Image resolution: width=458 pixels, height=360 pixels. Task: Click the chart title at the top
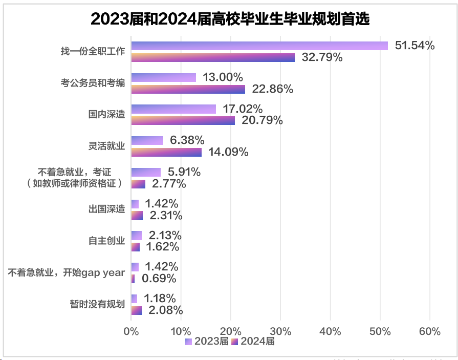pyautogui.click(x=230, y=19)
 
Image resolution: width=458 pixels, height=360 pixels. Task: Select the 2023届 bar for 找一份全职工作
pyautogui.click(x=259, y=46)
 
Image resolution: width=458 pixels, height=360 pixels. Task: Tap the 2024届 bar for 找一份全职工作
pyautogui.click(x=213, y=57)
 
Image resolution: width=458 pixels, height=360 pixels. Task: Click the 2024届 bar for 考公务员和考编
pyautogui.click(x=188, y=89)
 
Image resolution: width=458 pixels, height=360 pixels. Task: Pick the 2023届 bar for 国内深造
pyautogui.click(x=173, y=109)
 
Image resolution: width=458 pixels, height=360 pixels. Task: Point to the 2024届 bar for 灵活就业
pyautogui.click(x=166, y=152)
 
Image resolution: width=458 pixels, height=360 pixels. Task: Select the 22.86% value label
pyautogui.click(x=273, y=89)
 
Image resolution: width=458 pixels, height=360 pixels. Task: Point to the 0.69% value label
pyautogui.click(x=159, y=279)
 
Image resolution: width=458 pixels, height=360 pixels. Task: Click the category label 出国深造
pyautogui.click(x=106, y=209)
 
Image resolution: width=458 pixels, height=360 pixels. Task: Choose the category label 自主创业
pyautogui.click(x=106, y=241)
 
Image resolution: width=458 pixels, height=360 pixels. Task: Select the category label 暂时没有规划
pyautogui.click(x=97, y=304)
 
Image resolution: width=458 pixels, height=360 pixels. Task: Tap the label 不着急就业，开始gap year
pyautogui.click(x=67, y=272)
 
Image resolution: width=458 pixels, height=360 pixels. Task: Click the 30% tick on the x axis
pyautogui.click(x=280, y=331)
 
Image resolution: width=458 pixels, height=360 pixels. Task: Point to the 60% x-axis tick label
pyautogui.click(x=429, y=331)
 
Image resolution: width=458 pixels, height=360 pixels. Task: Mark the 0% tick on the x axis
pyautogui.click(x=132, y=331)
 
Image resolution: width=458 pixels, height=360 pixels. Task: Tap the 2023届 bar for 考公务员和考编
pyautogui.click(x=164, y=77)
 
